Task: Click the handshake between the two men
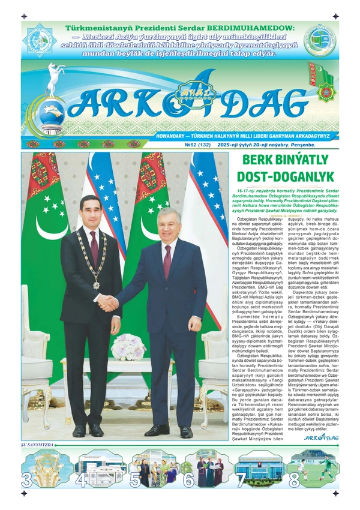point(108,303)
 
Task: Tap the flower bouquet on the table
point(128,347)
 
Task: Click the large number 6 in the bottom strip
point(188,480)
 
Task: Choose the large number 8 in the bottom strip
point(294,480)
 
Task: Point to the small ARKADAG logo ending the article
point(321,437)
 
